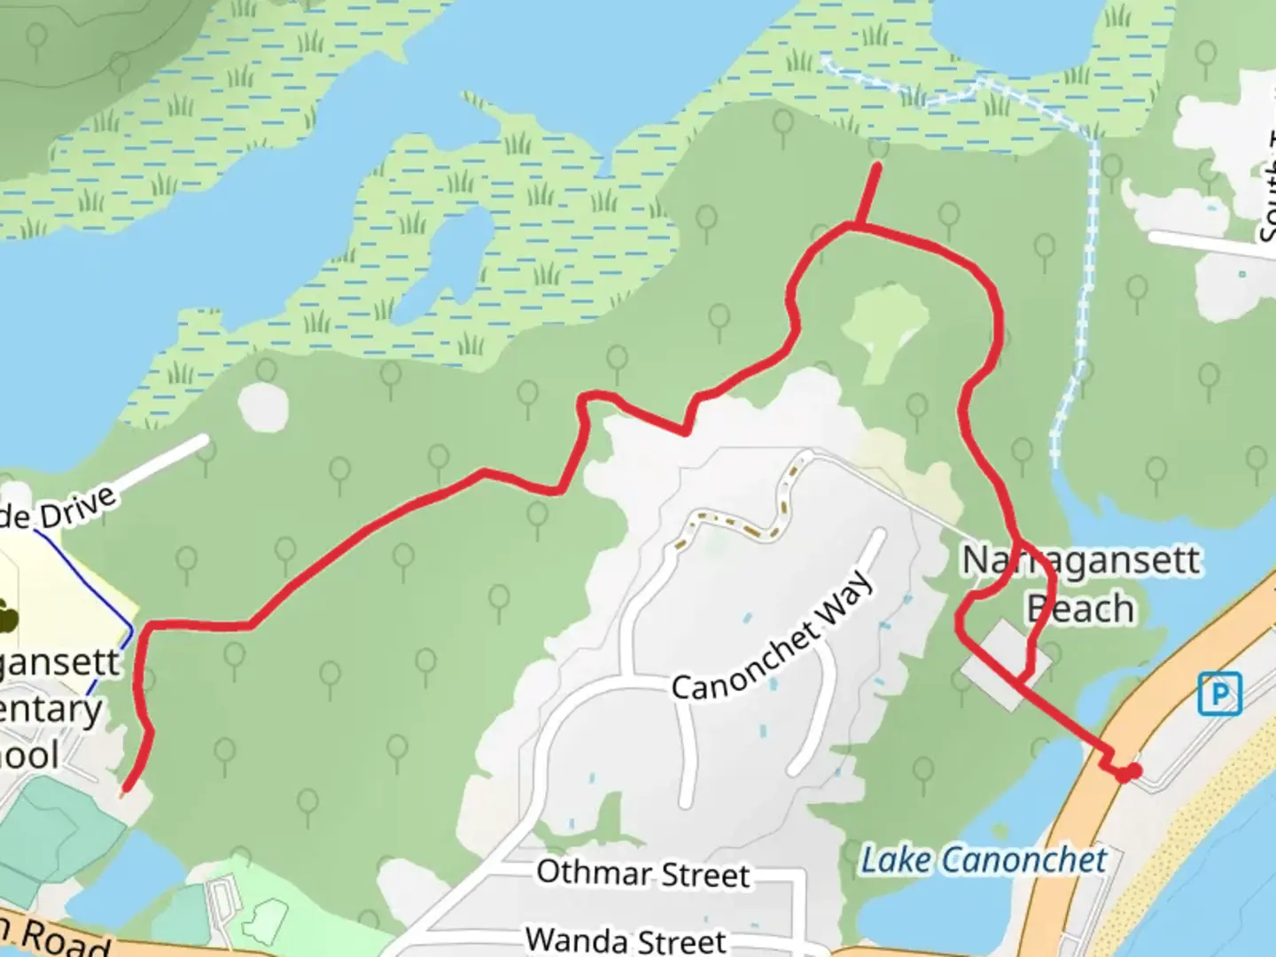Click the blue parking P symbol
1219,694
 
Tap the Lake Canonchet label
984,860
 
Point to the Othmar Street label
643,874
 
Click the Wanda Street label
626,939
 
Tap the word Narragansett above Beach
1081,561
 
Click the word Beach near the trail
1081,609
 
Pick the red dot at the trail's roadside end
1128,773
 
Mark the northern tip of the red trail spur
877,166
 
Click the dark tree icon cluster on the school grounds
7,616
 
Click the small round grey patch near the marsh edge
263,406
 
